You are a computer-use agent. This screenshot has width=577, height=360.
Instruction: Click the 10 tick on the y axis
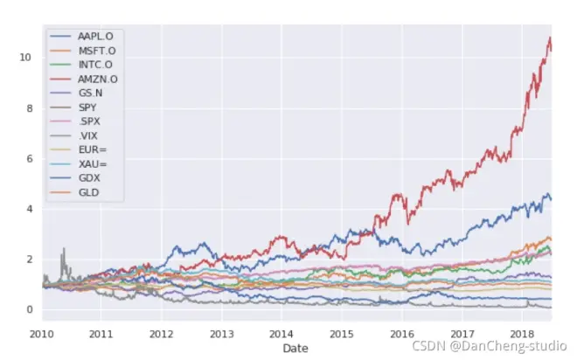tap(28, 58)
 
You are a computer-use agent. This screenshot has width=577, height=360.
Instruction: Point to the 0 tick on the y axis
tap(31, 310)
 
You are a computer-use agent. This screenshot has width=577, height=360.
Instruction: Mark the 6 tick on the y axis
tap(31, 159)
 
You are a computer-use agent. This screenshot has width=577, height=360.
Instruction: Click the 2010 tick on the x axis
tap(42, 334)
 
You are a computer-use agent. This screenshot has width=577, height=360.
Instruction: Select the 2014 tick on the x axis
tap(282, 334)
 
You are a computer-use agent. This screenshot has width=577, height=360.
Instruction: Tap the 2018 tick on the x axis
tap(521, 334)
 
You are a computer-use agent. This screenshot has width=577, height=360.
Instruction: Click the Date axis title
tap(296, 348)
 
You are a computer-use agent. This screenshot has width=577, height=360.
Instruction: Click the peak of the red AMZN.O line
tap(549, 38)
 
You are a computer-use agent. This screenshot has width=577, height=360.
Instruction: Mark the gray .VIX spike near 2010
tap(63, 250)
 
